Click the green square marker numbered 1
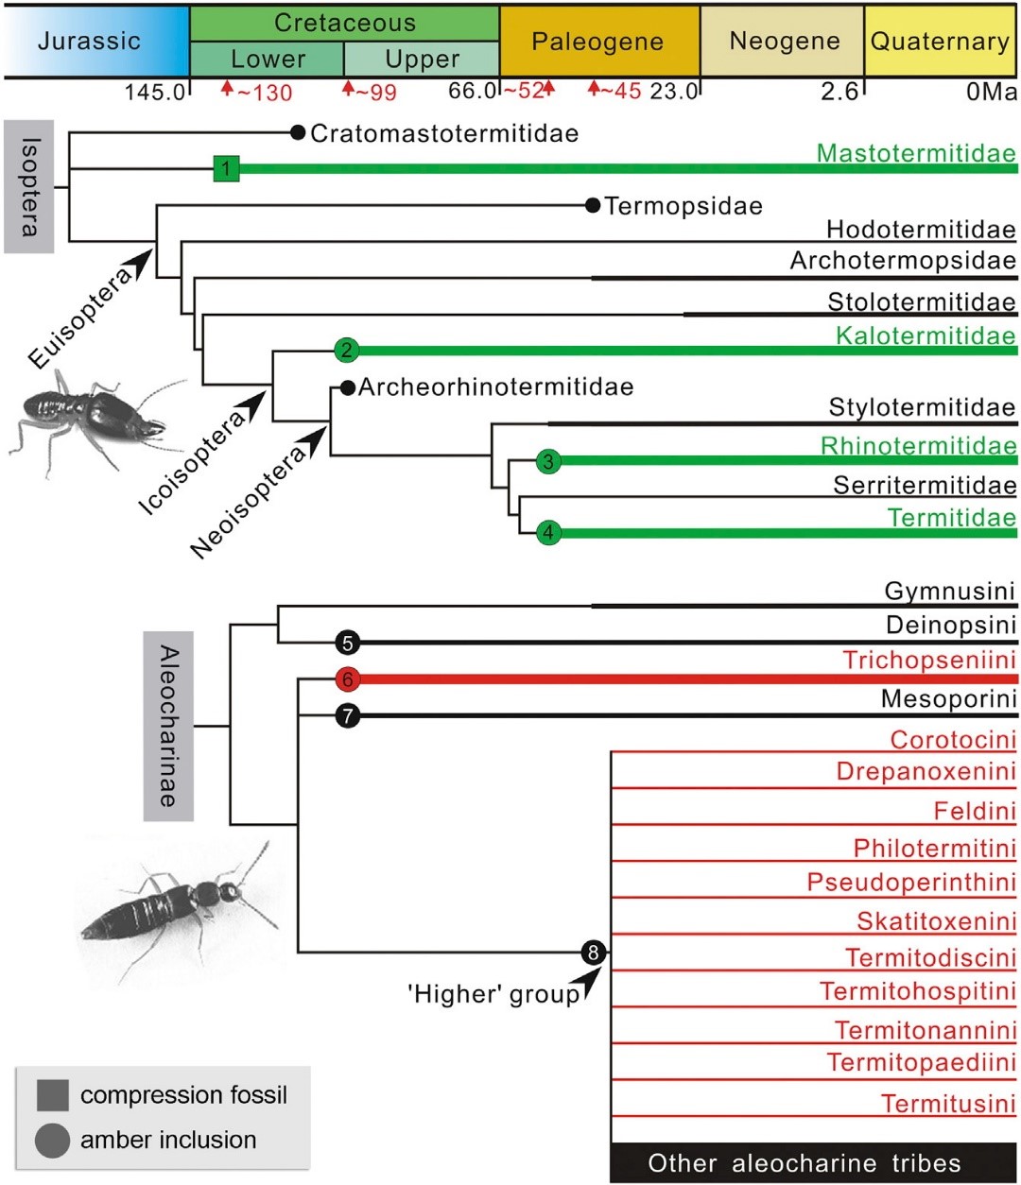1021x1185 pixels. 226,169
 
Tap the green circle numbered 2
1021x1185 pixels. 347,351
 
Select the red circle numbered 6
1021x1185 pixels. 348,679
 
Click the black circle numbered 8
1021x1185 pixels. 594,953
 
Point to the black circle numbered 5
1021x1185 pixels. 348,644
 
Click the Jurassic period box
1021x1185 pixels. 95,41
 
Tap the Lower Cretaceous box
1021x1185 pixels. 268,60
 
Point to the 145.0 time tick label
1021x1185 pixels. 155,93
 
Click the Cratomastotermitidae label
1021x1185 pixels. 444,133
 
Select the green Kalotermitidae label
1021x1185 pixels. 926,335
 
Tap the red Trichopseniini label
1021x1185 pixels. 929,660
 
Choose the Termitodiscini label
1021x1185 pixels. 930,958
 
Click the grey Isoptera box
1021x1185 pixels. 29,186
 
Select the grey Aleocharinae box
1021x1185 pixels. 168,726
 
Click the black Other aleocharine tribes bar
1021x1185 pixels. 813,1163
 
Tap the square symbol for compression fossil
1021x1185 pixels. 52,1095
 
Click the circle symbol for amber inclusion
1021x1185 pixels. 52,1141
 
